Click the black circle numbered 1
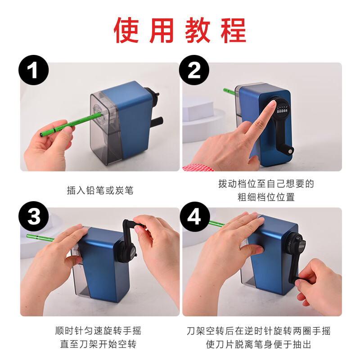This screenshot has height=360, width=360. pyautogui.click(x=33, y=70)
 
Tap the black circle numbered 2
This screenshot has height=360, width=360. pyautogui.click(x=194, y=70)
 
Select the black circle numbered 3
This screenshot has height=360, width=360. pyautogui.click(x=33, y=216)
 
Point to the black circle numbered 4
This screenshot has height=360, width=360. pyautogui.click(x=195, y=217)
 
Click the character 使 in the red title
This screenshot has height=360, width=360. pyautogui.click(x=126, y=30)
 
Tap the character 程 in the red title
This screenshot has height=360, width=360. pyautogui.click(x=234, y=30)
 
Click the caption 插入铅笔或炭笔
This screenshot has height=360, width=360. pyautogui.click(x=100, y=190)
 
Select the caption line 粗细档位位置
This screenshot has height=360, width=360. pyautogui.click(x=266, y=197)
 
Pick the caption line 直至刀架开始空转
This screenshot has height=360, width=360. pyautogui.click(x=98, y=344)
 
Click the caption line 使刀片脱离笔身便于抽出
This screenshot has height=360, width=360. pyautogui.click(x=258, y=344)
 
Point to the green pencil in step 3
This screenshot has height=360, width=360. pyautogui.click(x=40, y=238)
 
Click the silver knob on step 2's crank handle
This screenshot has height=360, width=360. pyautogui.click(x=291, y=151)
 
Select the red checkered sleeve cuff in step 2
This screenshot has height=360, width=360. pyautogui.click(x=198, y=167)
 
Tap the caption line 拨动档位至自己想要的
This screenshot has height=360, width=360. pyautogui.click(x=266, y=184)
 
